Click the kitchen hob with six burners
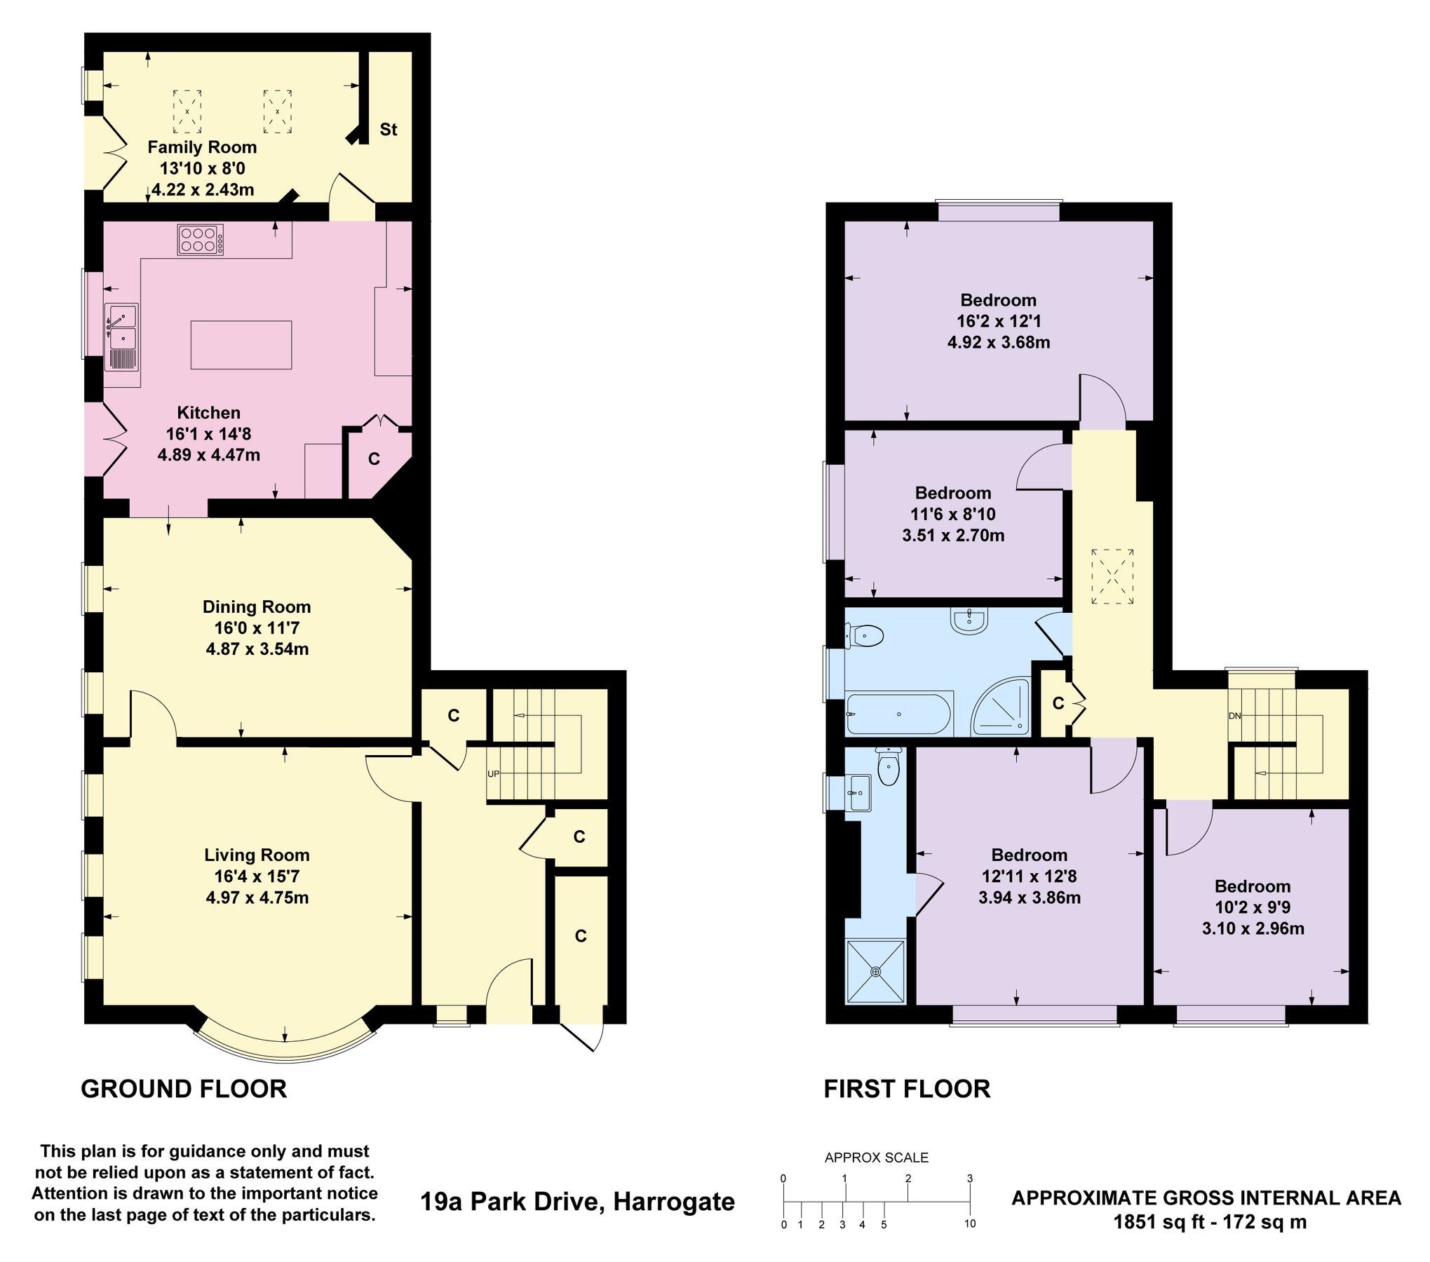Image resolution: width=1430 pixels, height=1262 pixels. click(201, 239)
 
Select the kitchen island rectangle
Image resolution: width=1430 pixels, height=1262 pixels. click(241, 344)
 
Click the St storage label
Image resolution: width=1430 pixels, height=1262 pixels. click(388, 130)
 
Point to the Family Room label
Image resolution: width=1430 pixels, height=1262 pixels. click(202, 147)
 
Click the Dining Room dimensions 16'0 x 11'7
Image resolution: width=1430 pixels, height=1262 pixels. click(257, 627)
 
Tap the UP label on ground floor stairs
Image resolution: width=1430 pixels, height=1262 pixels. click(494, 774)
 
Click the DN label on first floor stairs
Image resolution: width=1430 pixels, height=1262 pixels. click(1234, 716)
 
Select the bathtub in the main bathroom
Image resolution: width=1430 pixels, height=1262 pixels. click(898, 714)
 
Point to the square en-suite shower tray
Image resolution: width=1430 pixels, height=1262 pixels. click(876, 972)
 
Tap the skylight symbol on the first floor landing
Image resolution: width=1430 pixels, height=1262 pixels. click(1113, 576)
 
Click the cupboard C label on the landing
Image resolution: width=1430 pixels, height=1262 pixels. click(1058, 703)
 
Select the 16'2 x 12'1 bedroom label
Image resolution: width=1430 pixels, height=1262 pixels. click(999, 321)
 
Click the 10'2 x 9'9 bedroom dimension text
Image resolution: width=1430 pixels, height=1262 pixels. click(1253, 907)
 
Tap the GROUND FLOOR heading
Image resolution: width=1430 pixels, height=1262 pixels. click(184, 1089)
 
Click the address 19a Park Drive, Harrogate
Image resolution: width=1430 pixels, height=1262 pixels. click(577, 1202)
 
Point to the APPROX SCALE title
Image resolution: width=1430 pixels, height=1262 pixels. click(876, 1158)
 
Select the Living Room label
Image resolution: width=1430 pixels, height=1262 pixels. click(257, 855)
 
